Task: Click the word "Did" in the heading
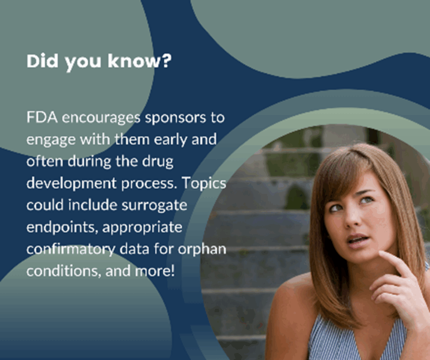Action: pos(42,61)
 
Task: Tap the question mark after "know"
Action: pos(166,61)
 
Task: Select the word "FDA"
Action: pos(42,117)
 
